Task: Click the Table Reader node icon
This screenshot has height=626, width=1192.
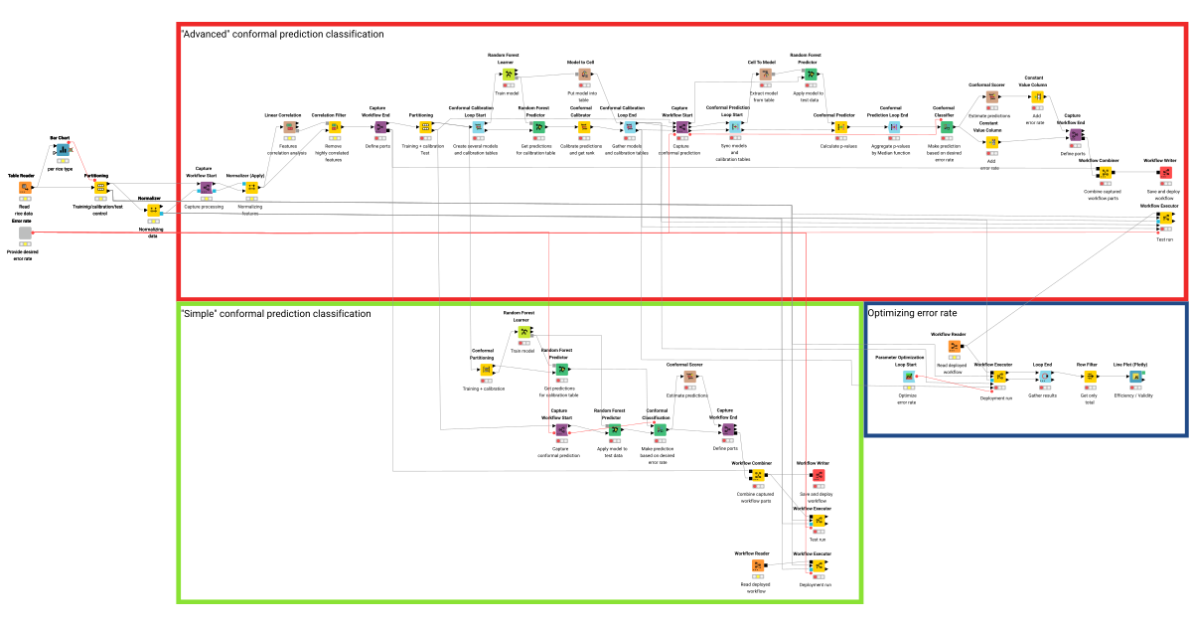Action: point(26,187)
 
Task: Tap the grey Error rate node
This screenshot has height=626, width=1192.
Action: point(26,233)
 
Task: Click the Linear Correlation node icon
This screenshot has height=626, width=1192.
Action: point(289,127)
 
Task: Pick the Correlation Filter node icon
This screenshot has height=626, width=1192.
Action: point(336,127)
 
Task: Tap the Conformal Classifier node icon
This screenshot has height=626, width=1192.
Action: point(947,126)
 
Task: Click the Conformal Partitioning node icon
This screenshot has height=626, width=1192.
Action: point(486,370)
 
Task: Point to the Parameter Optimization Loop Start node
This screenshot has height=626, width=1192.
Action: point(908,377)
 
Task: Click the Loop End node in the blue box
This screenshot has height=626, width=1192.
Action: point(1044,377)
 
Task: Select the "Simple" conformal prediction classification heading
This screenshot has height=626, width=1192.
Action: point(275,313)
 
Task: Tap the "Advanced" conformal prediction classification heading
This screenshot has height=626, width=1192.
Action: point(282,34)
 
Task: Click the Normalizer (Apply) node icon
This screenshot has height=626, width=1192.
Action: point(251,188)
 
